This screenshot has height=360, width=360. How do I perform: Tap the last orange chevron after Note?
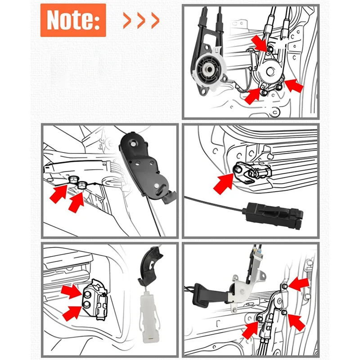point(155,20)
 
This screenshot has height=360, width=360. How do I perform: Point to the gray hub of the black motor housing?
point(208,70)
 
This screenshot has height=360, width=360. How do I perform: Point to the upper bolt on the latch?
point(87,293)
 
